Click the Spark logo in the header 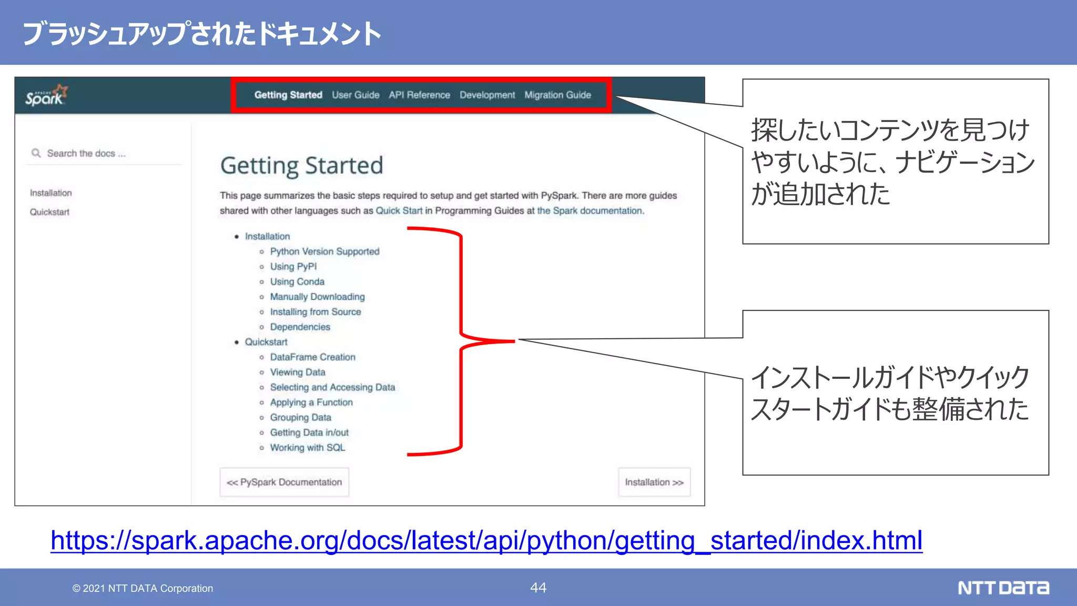point(46,96)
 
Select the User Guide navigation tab point(355,95)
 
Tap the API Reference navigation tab point(419,95)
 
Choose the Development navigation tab point(487,95)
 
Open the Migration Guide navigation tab point(557,95)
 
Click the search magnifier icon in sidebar point(36,153)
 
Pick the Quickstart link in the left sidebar point(49,212)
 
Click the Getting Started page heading point(301,166)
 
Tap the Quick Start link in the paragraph point(399,211)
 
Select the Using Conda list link point(297,282)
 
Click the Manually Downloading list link point(317,297)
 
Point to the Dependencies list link point(300,327)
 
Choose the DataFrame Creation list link point(312,357)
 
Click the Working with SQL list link point(307,448)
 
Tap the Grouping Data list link point(300,418)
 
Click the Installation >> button point(654,482)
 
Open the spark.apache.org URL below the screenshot point(486,541)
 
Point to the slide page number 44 point(538,588)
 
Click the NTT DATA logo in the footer point(1003,588)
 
